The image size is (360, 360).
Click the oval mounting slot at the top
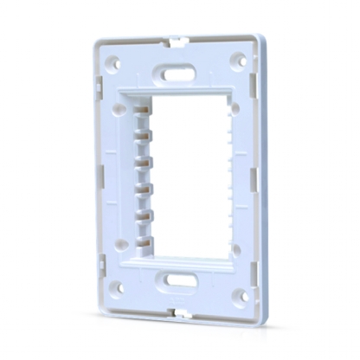coord(177,74)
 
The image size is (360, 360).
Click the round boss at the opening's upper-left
coord(117,108)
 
